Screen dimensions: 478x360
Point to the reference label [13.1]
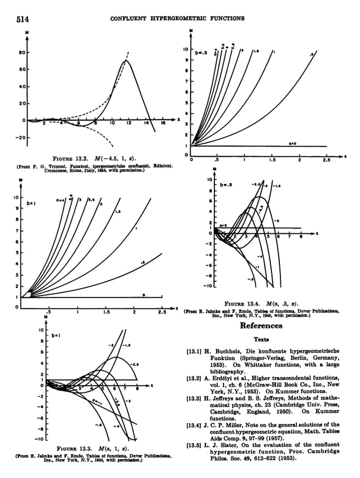(195, 351)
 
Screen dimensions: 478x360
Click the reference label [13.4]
(195, 424)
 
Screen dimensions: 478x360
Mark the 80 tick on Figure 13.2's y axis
(19, 52)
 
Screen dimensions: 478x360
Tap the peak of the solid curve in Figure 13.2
(126, 60)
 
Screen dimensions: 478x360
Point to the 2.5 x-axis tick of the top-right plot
(326, 160)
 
